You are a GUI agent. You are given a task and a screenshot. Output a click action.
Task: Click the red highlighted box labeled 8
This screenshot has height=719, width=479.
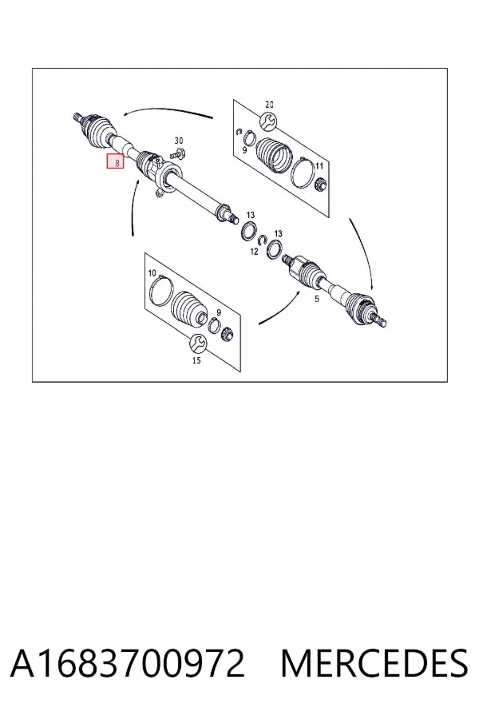[116, 161]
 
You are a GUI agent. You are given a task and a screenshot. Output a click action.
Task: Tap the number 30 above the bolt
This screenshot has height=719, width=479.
[179, 141]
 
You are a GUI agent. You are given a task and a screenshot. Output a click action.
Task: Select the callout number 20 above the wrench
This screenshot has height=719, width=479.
[270, 105]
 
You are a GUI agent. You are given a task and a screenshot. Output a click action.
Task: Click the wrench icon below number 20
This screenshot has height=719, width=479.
[268, 121]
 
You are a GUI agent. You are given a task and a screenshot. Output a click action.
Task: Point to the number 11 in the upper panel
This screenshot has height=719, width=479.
[319, 166]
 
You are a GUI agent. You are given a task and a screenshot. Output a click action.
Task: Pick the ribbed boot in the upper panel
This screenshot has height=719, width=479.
[273, 157]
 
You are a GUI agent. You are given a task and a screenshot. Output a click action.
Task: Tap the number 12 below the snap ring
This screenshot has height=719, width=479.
[255, 252]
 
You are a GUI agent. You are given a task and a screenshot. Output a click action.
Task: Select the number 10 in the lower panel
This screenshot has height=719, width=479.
[152, 273]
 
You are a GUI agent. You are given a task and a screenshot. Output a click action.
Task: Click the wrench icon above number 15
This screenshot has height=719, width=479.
[199, 343]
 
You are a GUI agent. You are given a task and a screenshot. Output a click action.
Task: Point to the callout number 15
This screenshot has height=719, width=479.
[196, 360]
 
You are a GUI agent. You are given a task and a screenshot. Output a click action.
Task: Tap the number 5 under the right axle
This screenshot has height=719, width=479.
[316, 299]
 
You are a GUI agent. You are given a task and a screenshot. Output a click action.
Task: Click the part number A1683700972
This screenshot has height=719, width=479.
[128, 663]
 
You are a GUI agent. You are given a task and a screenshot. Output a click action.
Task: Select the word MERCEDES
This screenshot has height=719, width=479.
[374, 663]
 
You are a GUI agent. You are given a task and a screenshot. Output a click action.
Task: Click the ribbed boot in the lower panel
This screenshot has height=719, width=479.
[189, 309]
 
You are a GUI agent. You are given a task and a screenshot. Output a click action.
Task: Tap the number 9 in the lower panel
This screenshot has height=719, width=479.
[219, 312]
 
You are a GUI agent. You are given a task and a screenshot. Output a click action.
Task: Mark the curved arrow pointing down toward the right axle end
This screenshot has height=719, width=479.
[363, 252]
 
